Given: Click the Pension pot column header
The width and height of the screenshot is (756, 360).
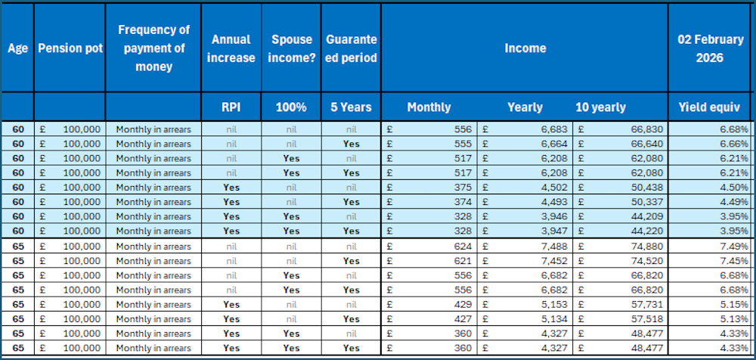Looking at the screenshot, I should [x=70, y=48].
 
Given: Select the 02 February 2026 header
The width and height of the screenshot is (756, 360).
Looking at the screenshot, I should [x=711, y=48].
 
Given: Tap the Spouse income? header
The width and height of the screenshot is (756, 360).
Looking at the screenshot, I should [x=292, y=48].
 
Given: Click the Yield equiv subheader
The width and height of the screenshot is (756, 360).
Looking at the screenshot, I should [x=711, y=107].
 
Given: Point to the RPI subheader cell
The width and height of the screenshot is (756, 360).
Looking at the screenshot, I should [x=231, y=107].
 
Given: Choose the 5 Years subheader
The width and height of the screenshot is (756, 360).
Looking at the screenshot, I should [x=351, y=107].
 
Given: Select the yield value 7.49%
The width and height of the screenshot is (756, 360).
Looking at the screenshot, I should [x=734, y=247].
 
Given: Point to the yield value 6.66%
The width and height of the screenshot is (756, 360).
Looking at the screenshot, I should [x=734, y=144].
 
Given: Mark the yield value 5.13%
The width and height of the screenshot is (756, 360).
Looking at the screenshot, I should [x=734, y=319].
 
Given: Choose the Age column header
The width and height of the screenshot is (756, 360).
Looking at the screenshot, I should [x=17, y=48].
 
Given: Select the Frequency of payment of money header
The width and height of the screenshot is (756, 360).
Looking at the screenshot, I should [x=153, y=48].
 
